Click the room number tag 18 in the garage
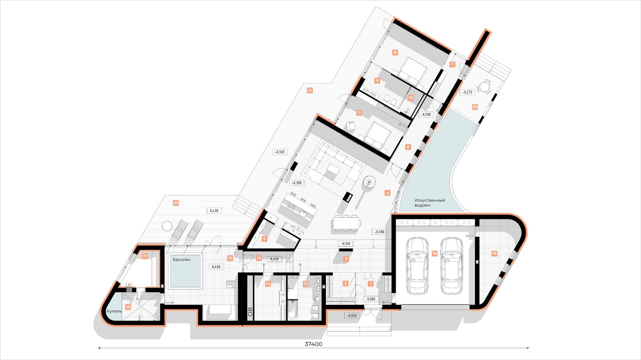click(434, 253)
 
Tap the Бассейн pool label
click(182, 260)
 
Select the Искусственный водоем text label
click(430, 203)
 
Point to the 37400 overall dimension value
click(313, 344)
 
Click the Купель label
click(114, 311)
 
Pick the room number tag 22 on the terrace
click(176, 203)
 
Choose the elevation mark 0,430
click(214, 211)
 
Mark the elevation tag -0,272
click(467, 92)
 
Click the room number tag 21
click(310, 90)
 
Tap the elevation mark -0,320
click(280, 152)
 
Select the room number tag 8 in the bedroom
click(395, 52)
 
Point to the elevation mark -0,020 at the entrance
click(352, 316)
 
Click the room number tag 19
click(494, 253)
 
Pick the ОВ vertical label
click(250, 312)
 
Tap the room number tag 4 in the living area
click(387, 193)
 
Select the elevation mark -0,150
click(346, 244)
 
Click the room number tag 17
click(145, 256)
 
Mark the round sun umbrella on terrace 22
click(166, 226)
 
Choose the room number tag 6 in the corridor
click(408, 147)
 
